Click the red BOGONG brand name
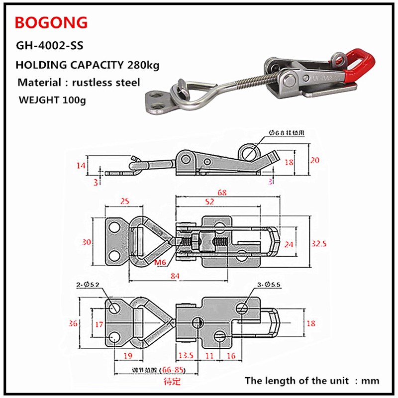(51, 22)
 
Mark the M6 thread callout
(160, 262)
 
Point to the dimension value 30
(87, 242)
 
